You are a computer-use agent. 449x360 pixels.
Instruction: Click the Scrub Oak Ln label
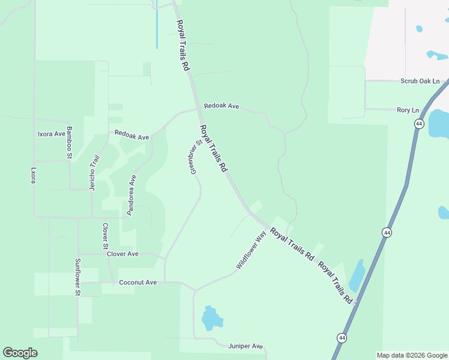[x=420, y=81]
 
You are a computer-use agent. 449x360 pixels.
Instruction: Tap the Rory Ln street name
[x=408, y=110]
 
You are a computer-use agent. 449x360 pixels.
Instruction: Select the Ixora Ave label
[x=51, y=134]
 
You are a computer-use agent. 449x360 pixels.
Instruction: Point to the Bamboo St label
[x=69, y=143]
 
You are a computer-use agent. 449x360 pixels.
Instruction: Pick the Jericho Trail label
[x=94, y=173]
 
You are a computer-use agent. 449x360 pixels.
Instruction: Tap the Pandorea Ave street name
[x=131, y=195]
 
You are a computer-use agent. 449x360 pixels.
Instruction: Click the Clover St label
[x=105, y=236]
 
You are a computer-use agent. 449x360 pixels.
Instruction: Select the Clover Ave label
[x=122, y=254]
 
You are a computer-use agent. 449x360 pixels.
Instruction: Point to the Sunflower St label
[x=77, y=277]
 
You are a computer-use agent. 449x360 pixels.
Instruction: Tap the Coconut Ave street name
[x=137, y=283]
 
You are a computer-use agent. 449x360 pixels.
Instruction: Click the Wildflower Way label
[x=251, y=250]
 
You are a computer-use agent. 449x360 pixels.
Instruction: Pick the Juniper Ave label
[x=246, y=346]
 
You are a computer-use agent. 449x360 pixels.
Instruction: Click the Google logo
[x=20, y=352]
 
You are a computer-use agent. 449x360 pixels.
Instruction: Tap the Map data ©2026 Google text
[x=412, y=355]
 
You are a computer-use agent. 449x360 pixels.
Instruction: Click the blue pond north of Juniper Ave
[x=211, y=319]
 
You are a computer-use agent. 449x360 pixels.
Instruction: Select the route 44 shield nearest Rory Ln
[x=418, y=123]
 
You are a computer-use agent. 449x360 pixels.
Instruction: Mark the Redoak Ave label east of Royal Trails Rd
[x=221, y=106]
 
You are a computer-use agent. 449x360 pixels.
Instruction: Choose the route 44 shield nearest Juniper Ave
[x=341, y=338]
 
